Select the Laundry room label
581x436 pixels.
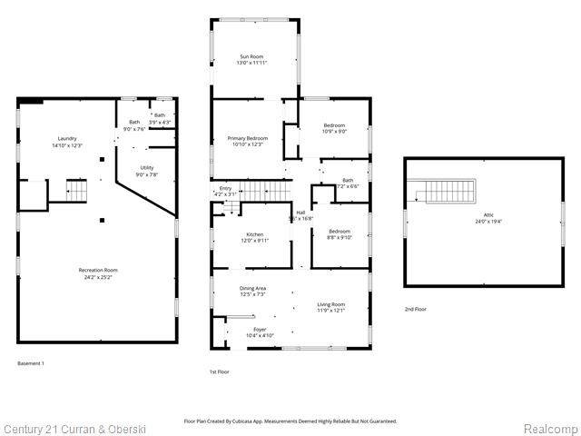(65, 138)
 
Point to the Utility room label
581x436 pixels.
(147, 167)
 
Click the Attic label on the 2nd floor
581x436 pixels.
(488, 214)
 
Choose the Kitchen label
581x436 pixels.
(254, 233)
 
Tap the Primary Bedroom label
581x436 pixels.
(247, 137)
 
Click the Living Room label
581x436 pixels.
(330, 304)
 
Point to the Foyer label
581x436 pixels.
(261, 329)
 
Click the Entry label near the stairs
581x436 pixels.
(225, 188)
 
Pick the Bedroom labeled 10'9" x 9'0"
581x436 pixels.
(335, 125)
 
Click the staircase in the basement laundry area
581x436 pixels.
(76, 191)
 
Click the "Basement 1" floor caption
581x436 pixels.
(31, 363)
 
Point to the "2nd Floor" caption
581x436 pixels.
(416, 310)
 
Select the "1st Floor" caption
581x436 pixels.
(219, 372)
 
